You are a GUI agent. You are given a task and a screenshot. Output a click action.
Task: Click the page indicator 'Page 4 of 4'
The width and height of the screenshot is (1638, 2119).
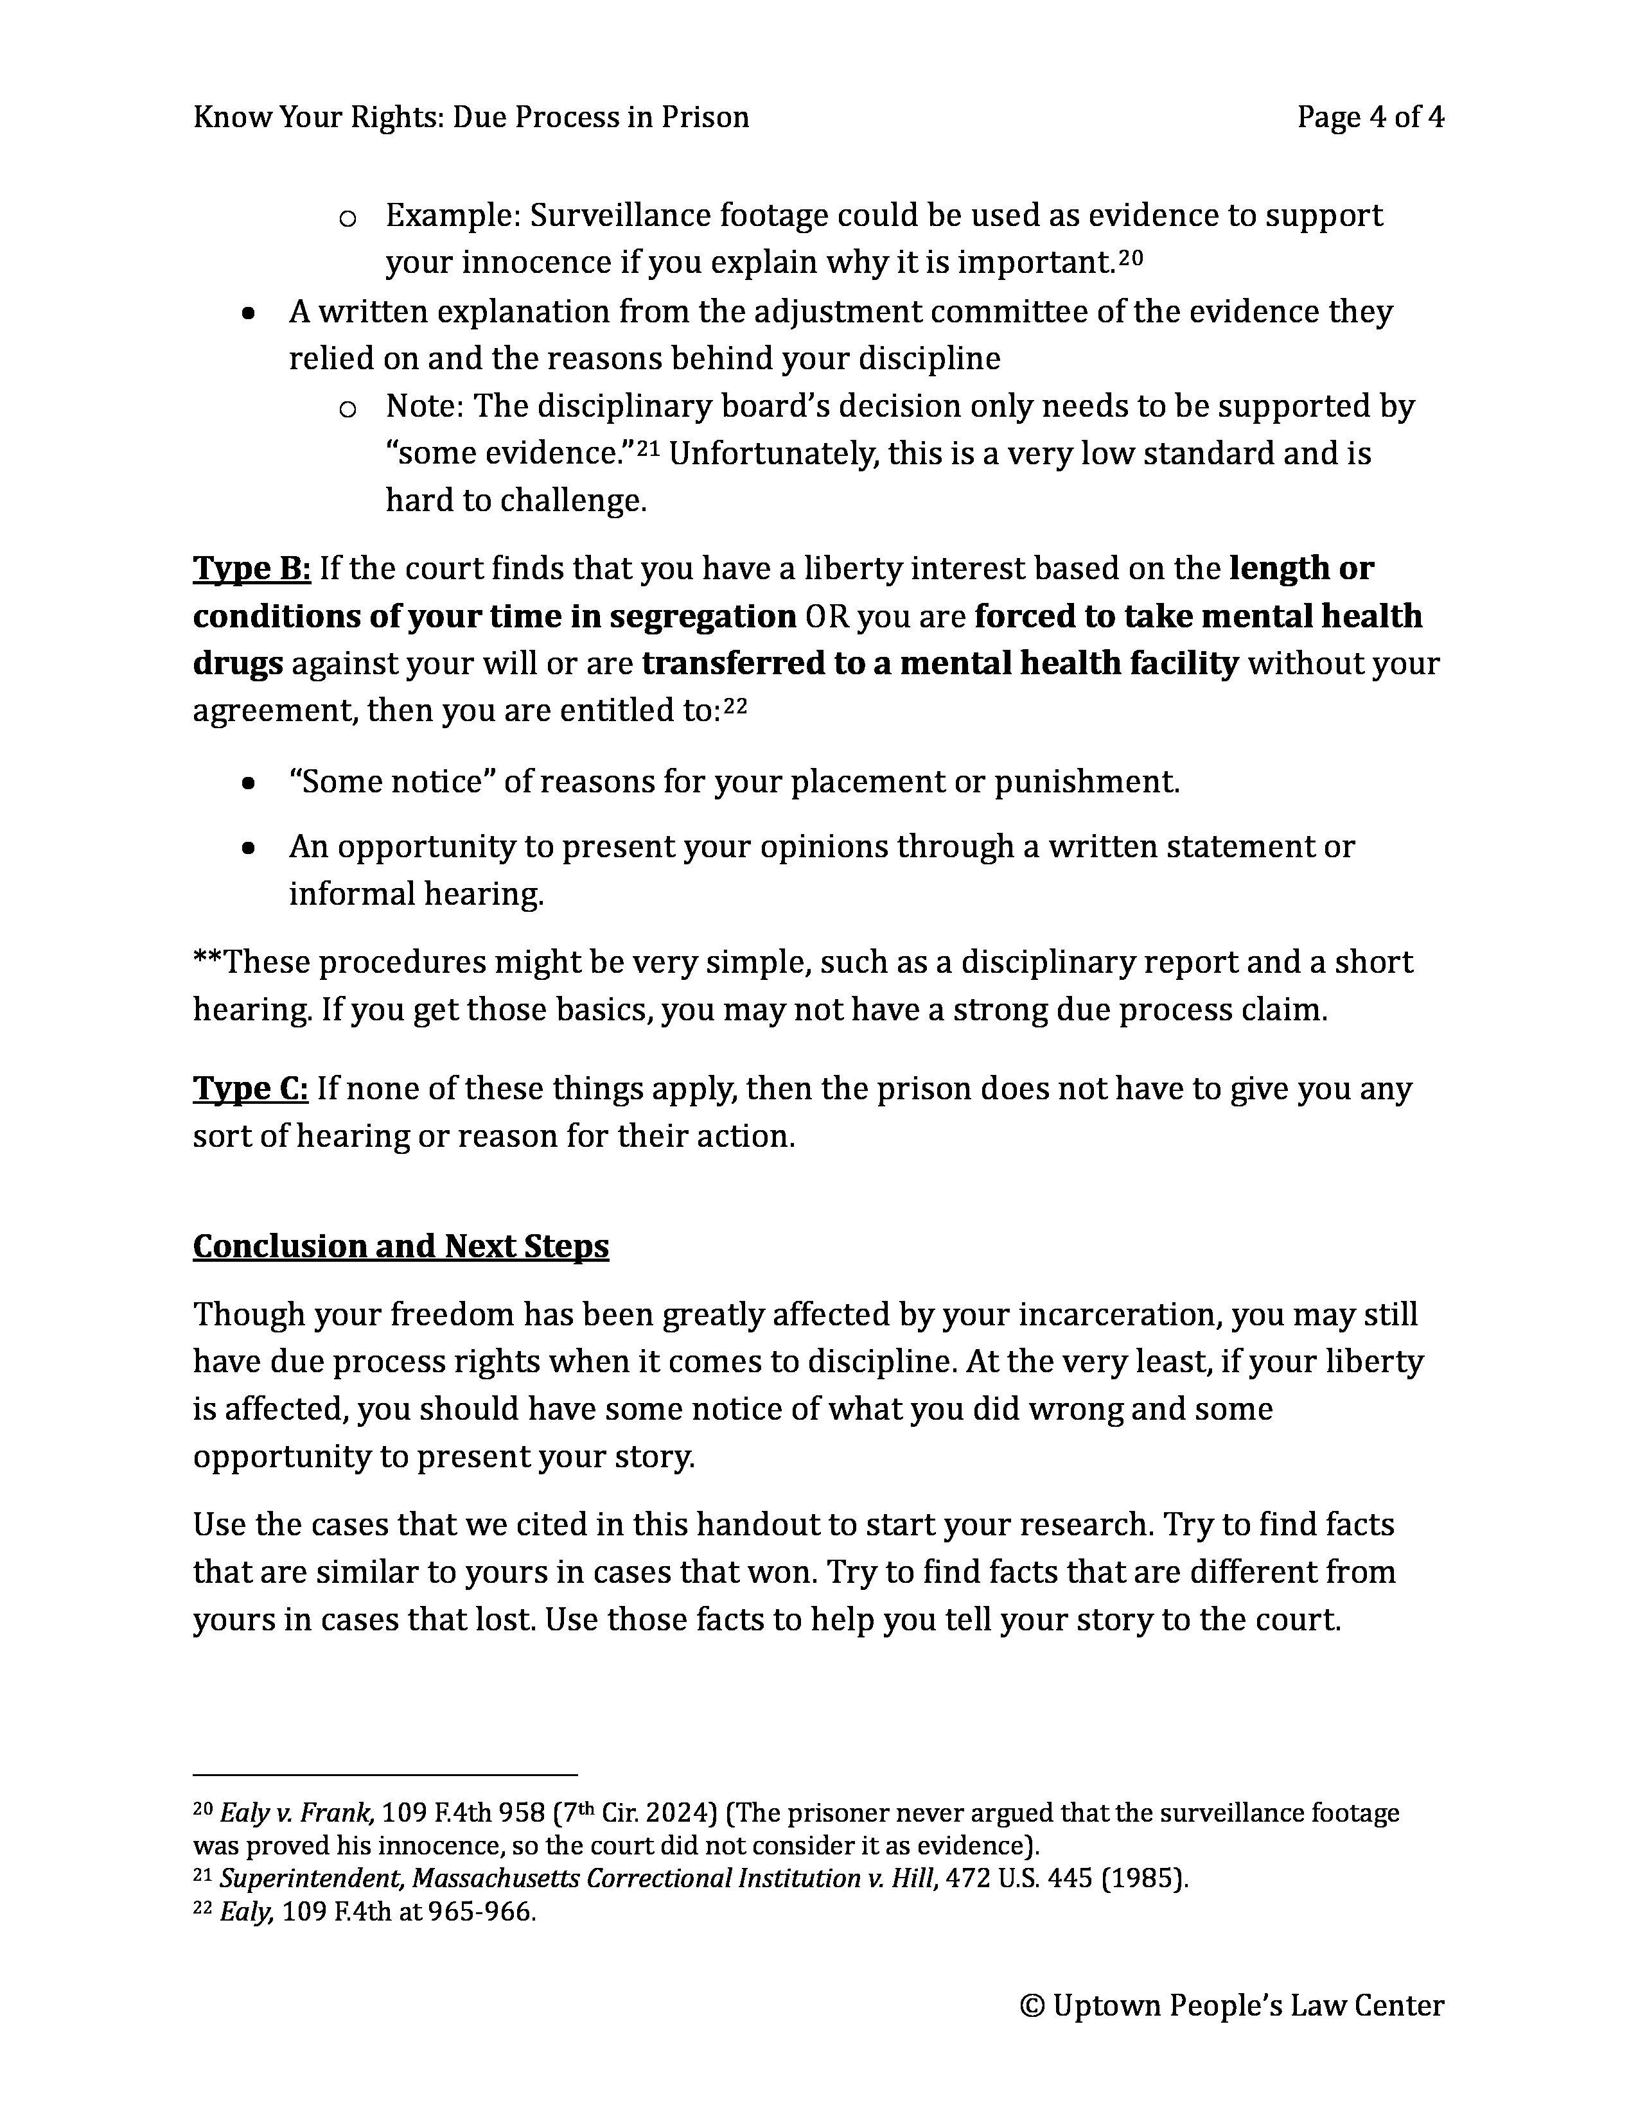pyautogui.click(x=1369, y=118)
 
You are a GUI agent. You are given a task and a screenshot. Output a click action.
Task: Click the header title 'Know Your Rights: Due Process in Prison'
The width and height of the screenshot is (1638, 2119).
pyautogui.click(x=471, y=118)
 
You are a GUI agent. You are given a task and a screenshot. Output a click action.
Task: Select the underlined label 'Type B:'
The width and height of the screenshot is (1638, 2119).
pyautogui.click(x=251, y=568)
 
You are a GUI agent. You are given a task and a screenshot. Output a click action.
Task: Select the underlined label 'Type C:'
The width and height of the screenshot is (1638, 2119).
pyautogui.click(x=251, y=1088)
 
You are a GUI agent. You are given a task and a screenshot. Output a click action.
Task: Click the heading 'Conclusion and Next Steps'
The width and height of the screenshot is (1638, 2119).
pyautogui.click(x=401, y=1246)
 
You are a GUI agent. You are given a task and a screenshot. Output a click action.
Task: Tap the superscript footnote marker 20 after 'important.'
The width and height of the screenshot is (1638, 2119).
pyautogui.click(x=1131, y=256)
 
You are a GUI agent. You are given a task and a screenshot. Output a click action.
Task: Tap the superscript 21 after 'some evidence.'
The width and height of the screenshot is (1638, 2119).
pyautogui.click(x=648, y=448)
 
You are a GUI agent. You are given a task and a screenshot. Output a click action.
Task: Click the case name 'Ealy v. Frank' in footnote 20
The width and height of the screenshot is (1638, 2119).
pyautogui.click(x=296, y=1813)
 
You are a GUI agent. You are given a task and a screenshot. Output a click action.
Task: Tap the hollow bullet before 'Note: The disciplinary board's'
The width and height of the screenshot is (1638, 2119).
pyautogui.click(x=348, y=408)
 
